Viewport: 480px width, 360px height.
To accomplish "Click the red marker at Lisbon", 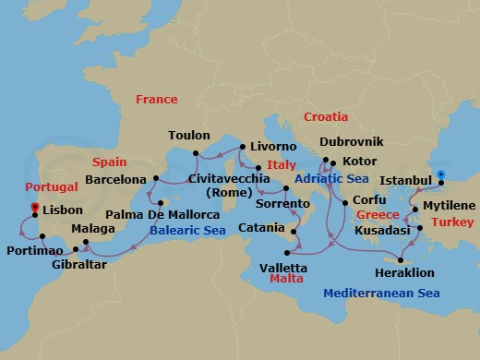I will coord(34,208).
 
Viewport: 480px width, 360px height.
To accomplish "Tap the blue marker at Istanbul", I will coord(441,174).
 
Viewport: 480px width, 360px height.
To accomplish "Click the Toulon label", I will coord(188,136).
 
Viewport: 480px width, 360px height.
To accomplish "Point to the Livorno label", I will coord(273,147).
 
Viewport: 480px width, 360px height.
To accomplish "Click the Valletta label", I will coord(284,267).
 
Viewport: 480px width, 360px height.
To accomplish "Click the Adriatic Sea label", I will coord(332,178).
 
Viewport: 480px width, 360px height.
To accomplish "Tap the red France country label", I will coord(156,100).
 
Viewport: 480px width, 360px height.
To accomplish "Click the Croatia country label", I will coord(326,117).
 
